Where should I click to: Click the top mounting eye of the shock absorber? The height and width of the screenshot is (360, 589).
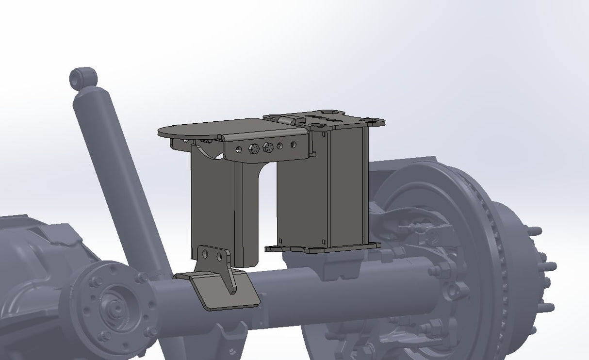click(83, 77)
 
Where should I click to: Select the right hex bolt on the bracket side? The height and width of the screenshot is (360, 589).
click(267, 147)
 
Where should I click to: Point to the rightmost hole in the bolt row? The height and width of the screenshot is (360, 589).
click(293, 144)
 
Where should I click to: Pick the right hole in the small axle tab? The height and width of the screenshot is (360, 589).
click(219, 256)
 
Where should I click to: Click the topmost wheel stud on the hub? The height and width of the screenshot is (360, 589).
click(535, 231)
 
